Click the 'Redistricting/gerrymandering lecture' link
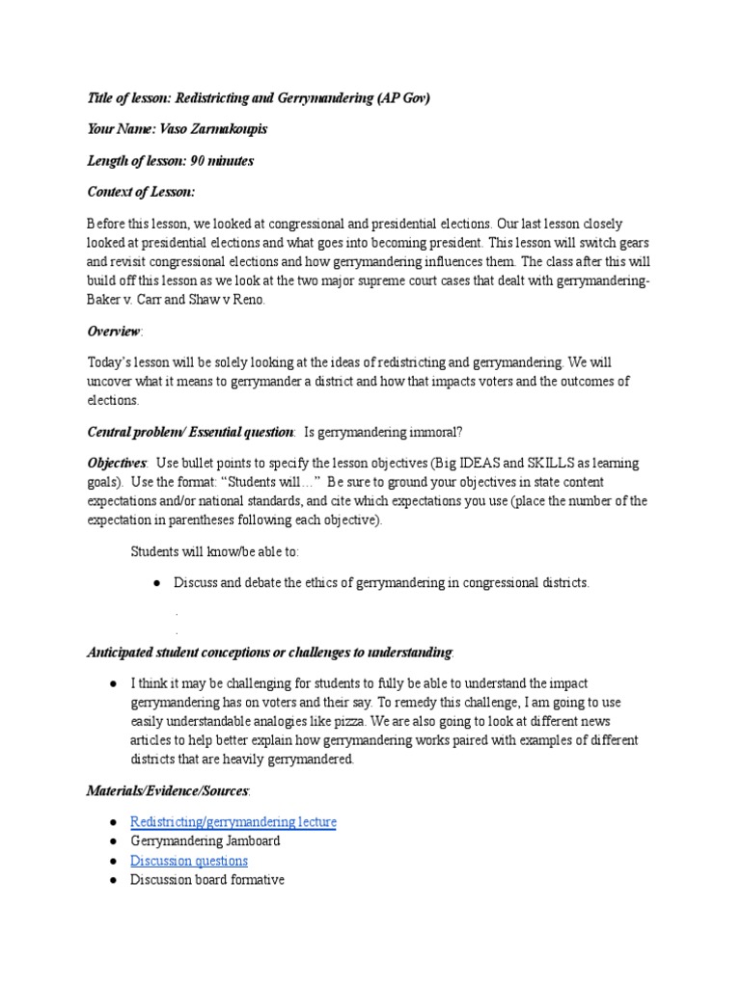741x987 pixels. click(233, 821)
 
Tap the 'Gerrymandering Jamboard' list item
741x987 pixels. click(205, 840)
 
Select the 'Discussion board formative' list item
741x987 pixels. click(206, 880)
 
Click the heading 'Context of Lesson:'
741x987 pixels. click(141, 193)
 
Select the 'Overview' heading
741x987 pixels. click(114, 331)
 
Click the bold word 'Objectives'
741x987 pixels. click(117, 464)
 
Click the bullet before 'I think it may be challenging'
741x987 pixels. click(114, 681)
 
